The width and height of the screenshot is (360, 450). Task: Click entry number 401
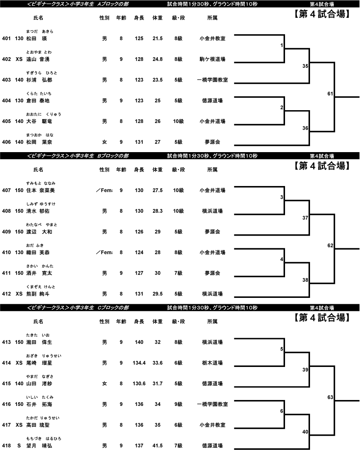point(6,39)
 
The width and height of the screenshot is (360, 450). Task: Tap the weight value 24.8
point(158,59)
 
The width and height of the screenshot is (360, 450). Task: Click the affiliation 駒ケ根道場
point(212,59)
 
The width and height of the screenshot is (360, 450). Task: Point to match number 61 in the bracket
point(330,94)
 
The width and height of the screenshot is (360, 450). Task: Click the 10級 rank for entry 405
point(178,121)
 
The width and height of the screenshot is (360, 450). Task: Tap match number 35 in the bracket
point(305,67)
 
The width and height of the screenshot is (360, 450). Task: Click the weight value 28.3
point(158,211)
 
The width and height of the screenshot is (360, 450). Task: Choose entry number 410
point(6,253)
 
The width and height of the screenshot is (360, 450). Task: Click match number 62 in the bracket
point(330,245)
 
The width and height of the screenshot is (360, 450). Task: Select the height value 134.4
point(139,363)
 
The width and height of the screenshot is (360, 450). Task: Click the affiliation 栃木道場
point(212,363)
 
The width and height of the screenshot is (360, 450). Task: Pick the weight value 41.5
point(158,446)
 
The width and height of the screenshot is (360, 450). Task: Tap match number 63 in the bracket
point(330,397)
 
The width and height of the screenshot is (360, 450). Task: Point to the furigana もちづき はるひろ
point(41,439)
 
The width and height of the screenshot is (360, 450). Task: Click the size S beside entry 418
point(19,446)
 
